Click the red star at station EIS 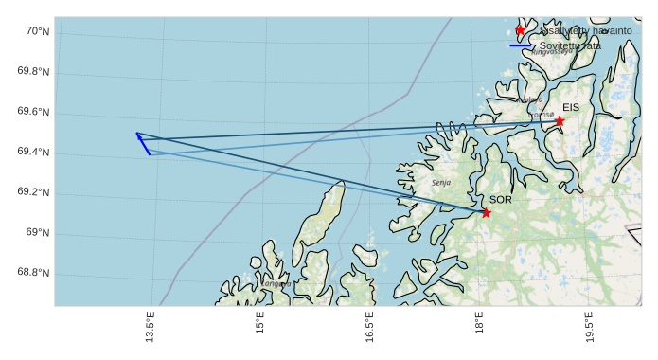click(560, 121)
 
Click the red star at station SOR click(486, 212)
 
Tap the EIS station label click(570, 108)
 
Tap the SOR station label click(501, 200)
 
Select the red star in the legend click(520, 30)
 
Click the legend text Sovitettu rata click(570, 45)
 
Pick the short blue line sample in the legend click(521, 45)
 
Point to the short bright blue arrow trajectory click(143, 143)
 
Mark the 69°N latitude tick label click(38, 233)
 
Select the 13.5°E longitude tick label click(151, 327)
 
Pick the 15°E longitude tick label click(260, 324)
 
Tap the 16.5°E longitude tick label click(370, 327)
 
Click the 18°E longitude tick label click(480, 324)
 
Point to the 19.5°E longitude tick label click(590, 327)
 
